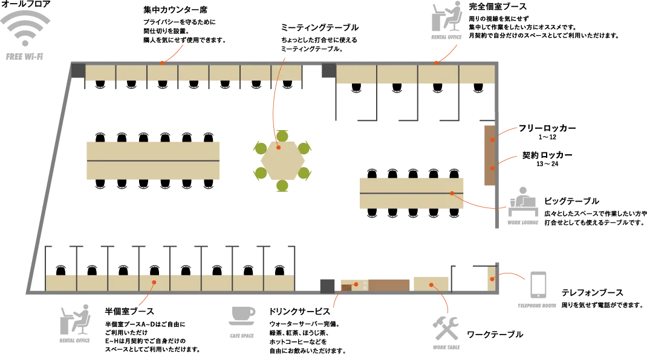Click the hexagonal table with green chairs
point(282,160)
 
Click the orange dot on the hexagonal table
point(278,147)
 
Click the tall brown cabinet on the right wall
point(489,155)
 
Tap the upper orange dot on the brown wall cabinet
point(492,140)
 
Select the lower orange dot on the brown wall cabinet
point(492,168)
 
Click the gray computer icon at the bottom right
point(536,290)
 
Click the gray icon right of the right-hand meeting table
point(524,208)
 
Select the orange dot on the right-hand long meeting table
point(452,193)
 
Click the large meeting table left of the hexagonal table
point(152,162)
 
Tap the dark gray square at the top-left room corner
point(78,71)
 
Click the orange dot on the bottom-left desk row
point(154,282)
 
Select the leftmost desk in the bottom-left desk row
point(60,283)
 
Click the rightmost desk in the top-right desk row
point(476,75)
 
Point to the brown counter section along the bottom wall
point(389,284)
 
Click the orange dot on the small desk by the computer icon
point(492,279)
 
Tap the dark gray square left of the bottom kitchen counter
point(328,284)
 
